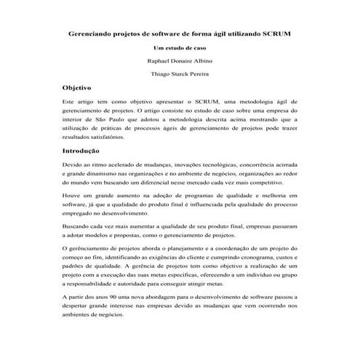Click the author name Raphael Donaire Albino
(x=180, y=61)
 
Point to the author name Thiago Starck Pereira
(x=180, y=75)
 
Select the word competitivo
(x=255, y=186)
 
